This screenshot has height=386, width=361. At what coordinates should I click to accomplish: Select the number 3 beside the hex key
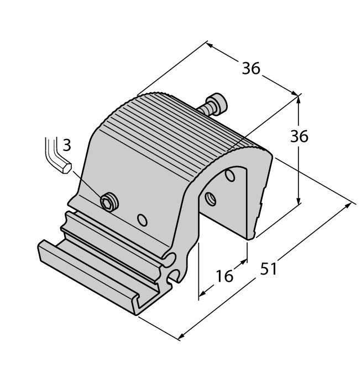point(66,145)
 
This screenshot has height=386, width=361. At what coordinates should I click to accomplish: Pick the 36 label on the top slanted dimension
point(250,68)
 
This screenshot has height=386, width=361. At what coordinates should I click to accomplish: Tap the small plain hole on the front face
point(143,221)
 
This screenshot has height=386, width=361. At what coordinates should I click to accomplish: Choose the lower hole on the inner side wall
point(210,197)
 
